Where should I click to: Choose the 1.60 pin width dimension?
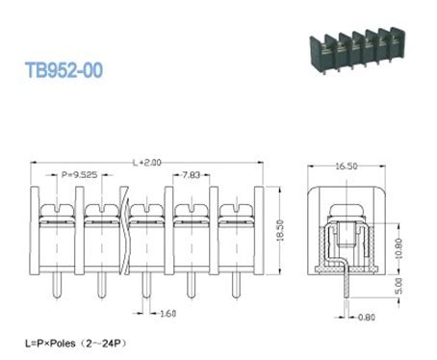pyautogui.click(x=167, y=313)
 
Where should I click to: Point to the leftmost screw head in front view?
pyautogui.click(x=55, y=209)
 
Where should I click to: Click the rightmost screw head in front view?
pyautogui.click(x=234, y=209)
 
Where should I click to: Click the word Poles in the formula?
pyautogui.click(x=70, y=343)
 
